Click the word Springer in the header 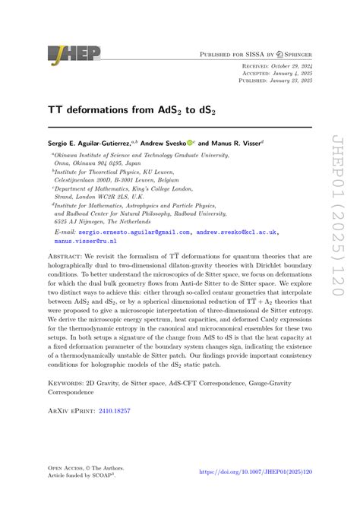[295, 55]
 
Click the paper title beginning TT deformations [122, 109]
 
